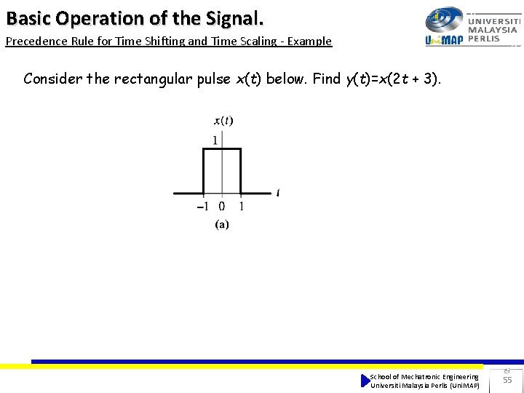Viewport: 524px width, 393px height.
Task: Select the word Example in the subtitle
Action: click(309, 41)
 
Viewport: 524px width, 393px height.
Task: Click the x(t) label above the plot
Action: click(223, 121)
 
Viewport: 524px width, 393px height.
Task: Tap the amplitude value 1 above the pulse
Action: click(215, 140)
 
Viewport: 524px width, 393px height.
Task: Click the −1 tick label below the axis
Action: click(203, 206)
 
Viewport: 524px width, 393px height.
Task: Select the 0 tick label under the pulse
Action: click(222, 206)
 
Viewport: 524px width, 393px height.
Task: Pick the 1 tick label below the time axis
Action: click(241, 206)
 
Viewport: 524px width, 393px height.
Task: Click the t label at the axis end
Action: click(278, 193)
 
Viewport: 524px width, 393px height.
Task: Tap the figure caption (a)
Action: click(222, 225)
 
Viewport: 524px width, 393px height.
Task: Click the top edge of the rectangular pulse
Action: click(221, 148)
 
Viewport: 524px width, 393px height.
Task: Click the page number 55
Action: click(507, 380)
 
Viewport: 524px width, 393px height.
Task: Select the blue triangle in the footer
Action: click(365, 381)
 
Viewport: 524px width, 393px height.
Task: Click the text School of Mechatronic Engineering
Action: click(424, 376)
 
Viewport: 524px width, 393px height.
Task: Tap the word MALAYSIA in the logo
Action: click(493, 30)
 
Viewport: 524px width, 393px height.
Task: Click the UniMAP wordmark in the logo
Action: click(444, 39)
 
